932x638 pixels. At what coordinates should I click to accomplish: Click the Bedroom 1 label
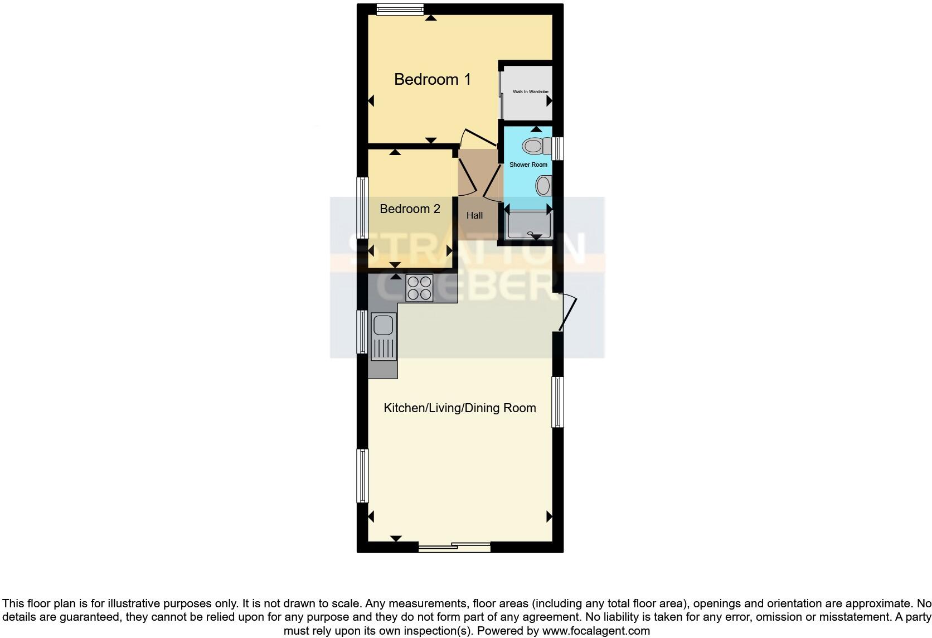click(x=432, y=79)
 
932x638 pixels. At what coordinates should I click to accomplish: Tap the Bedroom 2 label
click(x=410, y=209)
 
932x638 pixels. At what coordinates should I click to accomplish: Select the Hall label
click(x=474, y=215)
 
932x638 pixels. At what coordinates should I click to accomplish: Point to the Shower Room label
click(x=528, y=165)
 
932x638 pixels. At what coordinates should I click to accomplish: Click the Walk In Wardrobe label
click(x=530, y=91)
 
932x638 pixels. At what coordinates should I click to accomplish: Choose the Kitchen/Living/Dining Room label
click(x=459, y=408)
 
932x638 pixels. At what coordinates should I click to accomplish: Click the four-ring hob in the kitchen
click(x=419, y=288)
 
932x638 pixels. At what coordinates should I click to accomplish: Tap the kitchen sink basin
click(x=383, y=326)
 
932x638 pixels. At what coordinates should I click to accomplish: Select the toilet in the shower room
click(x=536, y=147)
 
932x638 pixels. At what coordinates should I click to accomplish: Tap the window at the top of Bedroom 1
click(x=400, y=9)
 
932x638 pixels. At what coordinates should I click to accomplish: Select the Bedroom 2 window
click(x=363, y=208)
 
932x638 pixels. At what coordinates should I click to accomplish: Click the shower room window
click(x=558, y=148)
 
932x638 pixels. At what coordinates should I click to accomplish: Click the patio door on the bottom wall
click(x=454, y=547)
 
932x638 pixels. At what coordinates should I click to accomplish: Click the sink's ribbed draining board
click(x=382, y=348)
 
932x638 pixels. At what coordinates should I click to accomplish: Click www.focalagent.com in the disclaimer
click(x=595, y=631)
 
